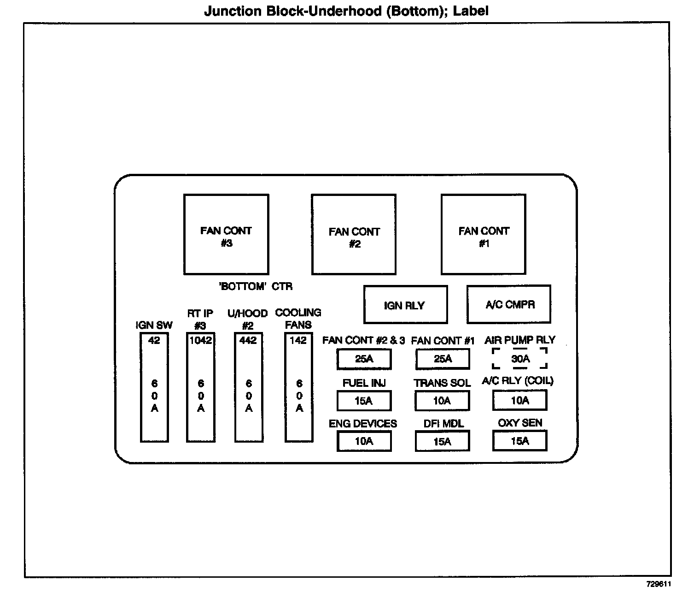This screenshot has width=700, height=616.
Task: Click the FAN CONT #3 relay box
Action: click(226, 234)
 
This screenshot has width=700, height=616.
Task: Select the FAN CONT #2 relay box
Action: click(354, 234)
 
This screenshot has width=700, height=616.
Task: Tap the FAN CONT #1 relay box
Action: click(484, 234)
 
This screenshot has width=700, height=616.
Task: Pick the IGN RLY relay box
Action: click(405, 305)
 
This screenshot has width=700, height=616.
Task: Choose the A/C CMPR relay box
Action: click(509, 304)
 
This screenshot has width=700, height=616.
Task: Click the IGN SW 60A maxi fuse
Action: click(154, 387)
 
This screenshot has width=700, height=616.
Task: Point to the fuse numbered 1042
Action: click(201, 387)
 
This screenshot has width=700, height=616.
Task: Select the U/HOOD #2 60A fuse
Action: click(249, 387)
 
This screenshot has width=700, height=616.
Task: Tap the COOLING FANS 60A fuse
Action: click(299, 387)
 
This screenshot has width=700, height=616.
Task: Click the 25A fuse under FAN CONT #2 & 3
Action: click(364, 359)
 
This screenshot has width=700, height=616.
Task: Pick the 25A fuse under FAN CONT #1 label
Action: click(443, 359)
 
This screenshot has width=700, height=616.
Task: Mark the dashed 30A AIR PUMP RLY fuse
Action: click(520, 359)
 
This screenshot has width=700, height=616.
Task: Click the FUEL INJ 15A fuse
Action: click(364, 401)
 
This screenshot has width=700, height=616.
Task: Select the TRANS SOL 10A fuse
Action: click(442, 401)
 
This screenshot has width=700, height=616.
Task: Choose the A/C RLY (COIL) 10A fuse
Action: click(520, 400)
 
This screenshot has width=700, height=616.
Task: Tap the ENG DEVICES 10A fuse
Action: click(364, 441)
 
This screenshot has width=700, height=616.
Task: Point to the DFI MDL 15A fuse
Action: click(442, 441)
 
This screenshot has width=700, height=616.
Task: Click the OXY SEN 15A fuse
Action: click(520, 441)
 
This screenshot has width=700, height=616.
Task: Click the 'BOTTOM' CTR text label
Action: click(256, 287)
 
